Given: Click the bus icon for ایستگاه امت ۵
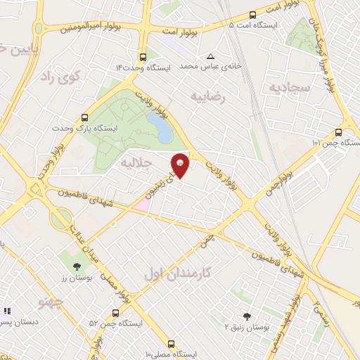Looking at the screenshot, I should [253, 14].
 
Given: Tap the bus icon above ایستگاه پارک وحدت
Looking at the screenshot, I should [85, 118].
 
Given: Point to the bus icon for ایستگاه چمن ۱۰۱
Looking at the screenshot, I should [339, 132].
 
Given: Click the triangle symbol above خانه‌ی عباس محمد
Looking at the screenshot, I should [210, 56].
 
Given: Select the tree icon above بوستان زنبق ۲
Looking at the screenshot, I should [245, 316].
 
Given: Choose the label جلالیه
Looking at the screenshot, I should [136, 163].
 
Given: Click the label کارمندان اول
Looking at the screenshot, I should [168, 271].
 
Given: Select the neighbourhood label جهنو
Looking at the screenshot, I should [53, 303].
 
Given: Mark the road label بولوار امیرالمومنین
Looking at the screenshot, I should [86, 30].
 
